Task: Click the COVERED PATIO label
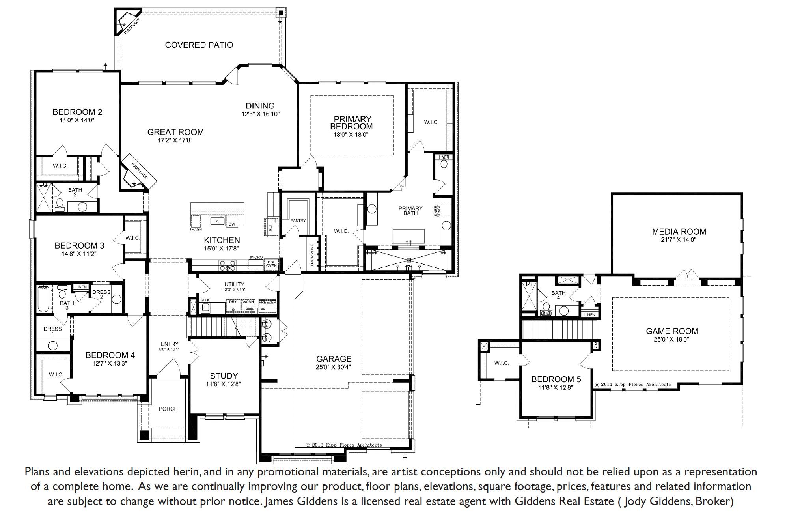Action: click(x=199, y=45)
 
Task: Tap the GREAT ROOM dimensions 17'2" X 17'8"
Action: click(x=175, y=140)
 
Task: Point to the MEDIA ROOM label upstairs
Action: click(x=679, y=232)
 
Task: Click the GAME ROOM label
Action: click(x=672, y=331)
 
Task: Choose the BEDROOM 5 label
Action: click(x=556, y=379)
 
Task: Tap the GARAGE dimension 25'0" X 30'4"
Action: click(x=334, y=367)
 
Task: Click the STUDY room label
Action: click(x=224, y=376)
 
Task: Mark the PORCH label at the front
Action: click(x=168, y=409)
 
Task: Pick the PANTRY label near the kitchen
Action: click(x=298, y=221)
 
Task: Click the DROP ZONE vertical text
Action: click(x=312, y=254)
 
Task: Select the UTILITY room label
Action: click(x=234, y=284)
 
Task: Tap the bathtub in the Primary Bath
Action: click(x=408, y=236)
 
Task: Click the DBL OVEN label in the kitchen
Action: click(x=271, y=264)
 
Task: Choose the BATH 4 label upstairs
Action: click(x=558, y=295)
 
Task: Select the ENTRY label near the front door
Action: click(x=170, y=344)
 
